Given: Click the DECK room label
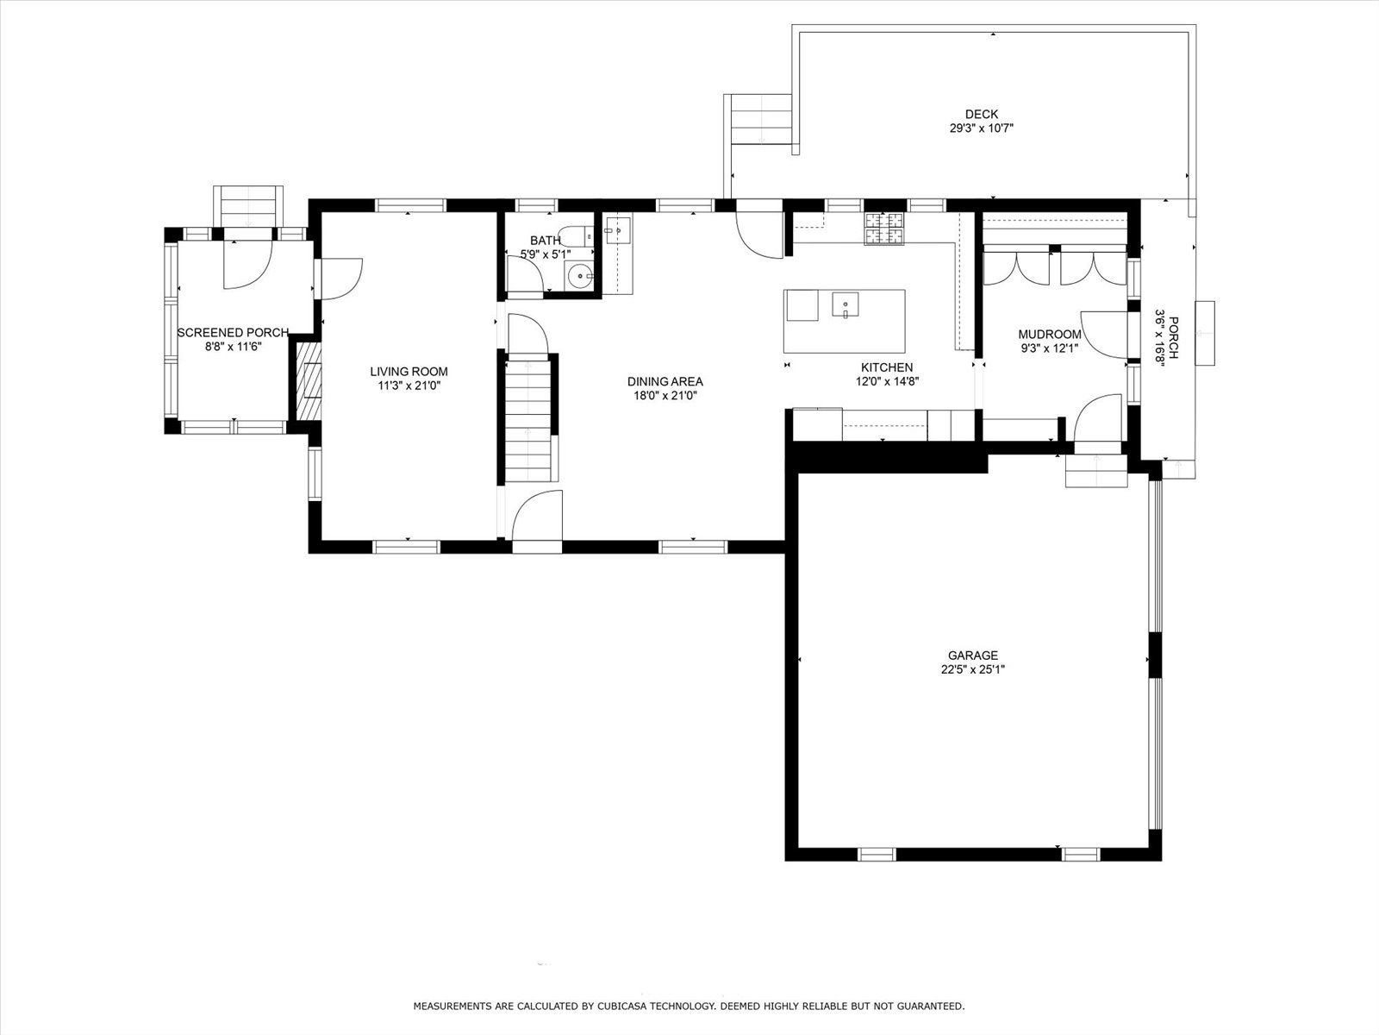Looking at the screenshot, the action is click(x=982, y=115).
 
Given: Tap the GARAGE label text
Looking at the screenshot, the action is click(x=972, y=655).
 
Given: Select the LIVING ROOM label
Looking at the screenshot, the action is click(x=409, y=372).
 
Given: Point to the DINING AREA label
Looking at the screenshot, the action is click(x=665, y=381).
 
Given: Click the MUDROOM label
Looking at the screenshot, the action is click(x=1050, y=335).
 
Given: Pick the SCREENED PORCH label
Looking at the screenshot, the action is click(x=233, y=332).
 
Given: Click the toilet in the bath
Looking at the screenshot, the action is click(x=576, y=236).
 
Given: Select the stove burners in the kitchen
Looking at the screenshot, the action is click(x=884, y=229).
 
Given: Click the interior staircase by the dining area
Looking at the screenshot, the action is click(x=528, y=418).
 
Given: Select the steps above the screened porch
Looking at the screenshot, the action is click(x=248, y=206).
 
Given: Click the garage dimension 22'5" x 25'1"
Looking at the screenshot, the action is click(x=972, y=670).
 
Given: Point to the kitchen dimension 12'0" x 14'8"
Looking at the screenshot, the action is click(x=887, y=381).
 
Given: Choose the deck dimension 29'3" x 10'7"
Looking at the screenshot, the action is click(x=982, y=129).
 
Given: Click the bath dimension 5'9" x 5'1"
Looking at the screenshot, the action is click(x=546, y=254).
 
